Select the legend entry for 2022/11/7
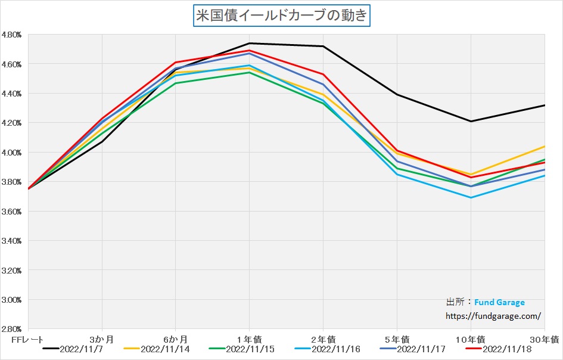point(81,349)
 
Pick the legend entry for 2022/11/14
point(164,349)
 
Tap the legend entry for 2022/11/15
point(250,349)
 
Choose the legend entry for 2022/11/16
point(335,349)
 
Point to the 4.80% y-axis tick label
point(12,35)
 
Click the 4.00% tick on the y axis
point(12,153)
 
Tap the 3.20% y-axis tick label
point(12,270)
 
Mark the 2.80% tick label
point(12,329)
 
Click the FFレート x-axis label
point(27,339)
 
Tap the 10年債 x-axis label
point(471,339)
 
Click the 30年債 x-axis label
point(545,339)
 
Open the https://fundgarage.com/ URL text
point(493,316)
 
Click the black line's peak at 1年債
point(249,43)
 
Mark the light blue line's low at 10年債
point(471,197)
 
